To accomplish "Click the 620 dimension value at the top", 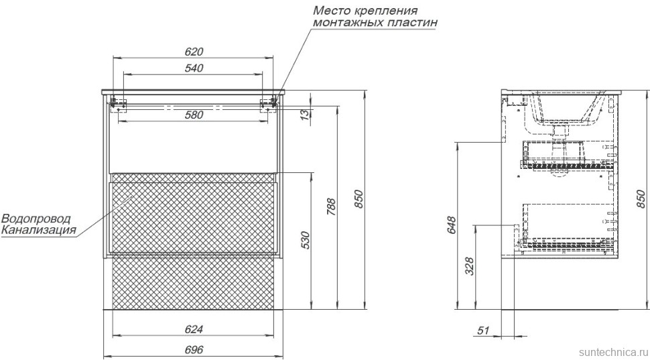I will pos(193,51).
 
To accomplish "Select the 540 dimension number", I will pos(193,67).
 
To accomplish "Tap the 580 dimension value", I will pos(193,115).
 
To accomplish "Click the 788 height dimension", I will pos(331,206).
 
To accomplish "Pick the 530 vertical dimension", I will pos(306,240).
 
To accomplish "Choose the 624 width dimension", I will pos(193,328).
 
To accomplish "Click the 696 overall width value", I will pos(193,350).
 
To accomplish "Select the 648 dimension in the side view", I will pos(451,225).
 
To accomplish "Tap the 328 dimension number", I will pos(469,266).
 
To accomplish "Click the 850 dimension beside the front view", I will pos(359,199).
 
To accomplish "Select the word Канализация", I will pos(38,231).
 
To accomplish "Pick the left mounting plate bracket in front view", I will pos(118,103).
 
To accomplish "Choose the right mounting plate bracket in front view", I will pos(269,103).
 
